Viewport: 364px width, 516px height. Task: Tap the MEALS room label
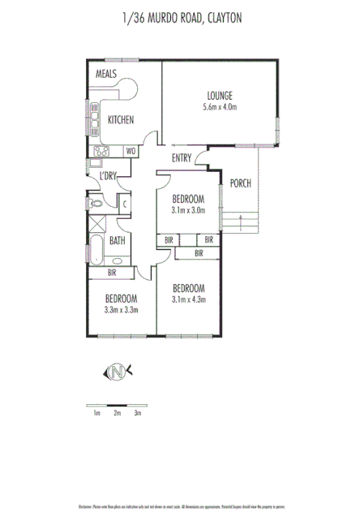point(107,74)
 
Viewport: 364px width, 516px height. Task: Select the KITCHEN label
point(120,120)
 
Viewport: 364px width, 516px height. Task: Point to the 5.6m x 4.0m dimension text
point(219,106)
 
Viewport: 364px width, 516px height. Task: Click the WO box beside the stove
point(131,151)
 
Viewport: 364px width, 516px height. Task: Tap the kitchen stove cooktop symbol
point(104,151)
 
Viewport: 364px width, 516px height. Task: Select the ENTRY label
point(182,158)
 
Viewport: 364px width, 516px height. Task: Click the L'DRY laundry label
point(109,176)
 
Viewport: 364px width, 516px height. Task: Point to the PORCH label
point(241,183)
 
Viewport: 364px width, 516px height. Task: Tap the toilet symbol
point(94,204)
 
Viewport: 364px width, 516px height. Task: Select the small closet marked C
point(126,204)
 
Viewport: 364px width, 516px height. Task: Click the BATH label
point(117,240)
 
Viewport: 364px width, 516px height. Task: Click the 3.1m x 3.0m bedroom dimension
point(188,210)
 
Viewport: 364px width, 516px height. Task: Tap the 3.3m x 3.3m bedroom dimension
point(122,309)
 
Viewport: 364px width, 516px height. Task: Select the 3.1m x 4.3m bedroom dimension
point(189,299)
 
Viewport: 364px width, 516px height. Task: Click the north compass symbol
point(119,372)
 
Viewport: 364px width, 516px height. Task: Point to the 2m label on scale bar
point(117,414)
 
